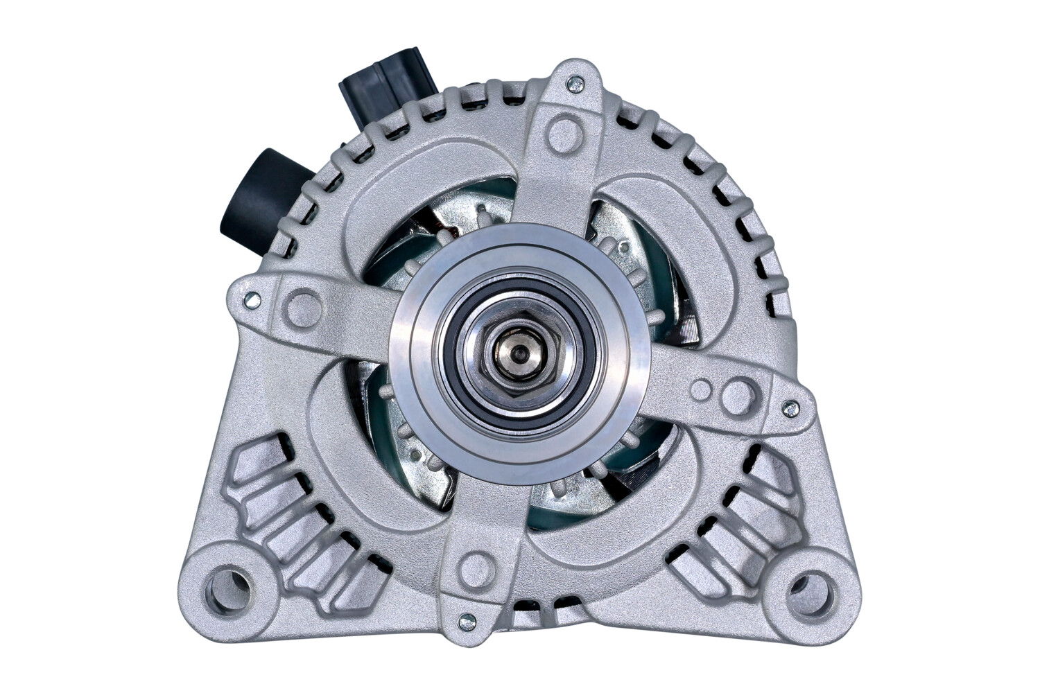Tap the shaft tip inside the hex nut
point(517,353)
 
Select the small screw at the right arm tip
point(788,410)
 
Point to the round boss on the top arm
point(562,130)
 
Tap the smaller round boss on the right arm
point(702,389)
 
